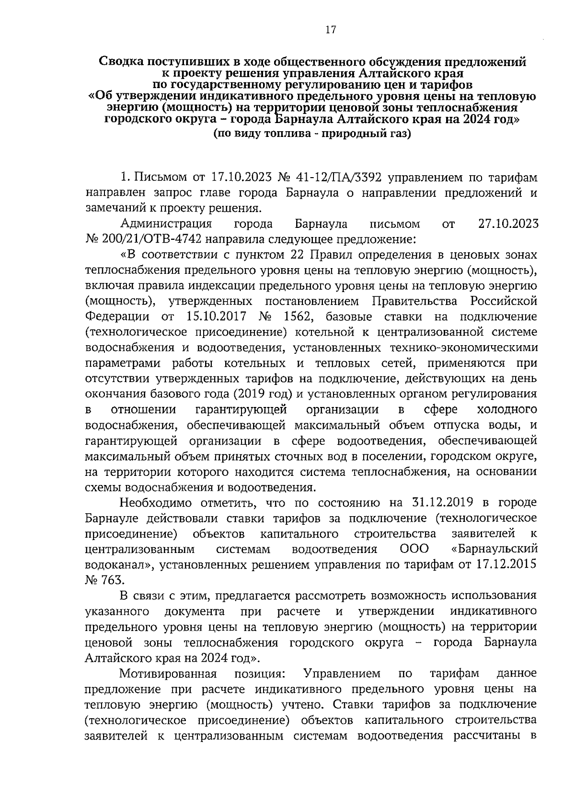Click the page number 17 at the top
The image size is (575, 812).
[x=330, y=30]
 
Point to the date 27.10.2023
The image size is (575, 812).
[x=508, y=224]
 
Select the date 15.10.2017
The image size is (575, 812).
[x=215, y=316]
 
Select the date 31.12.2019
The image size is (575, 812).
[x=443, y=503]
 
